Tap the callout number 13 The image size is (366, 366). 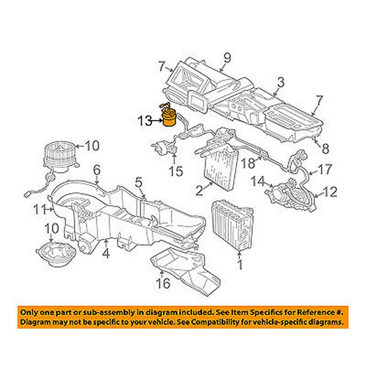click(145, 121)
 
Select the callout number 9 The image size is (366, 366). click(227, 58)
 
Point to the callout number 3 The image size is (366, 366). click(280, 82)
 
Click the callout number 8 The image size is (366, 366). click(325, 149)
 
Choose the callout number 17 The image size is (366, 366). click(324, 169)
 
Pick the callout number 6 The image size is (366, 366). click(97, 170)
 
